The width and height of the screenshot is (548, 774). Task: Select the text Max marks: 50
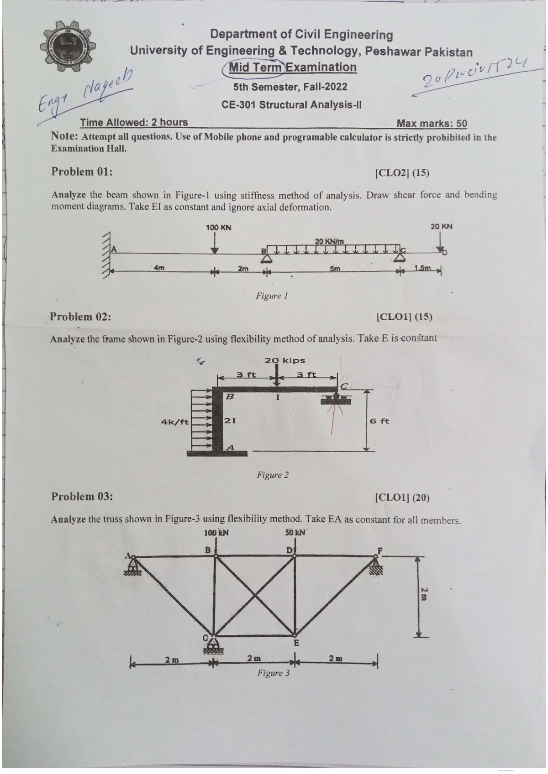[x=432, y=123]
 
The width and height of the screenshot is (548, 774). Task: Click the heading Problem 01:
[x=82, y=172]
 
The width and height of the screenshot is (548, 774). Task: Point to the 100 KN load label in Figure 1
[x=218, y=227]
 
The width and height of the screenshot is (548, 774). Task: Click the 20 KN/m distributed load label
[x=329, y=240]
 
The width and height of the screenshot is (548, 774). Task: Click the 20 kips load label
[x=285, y=360]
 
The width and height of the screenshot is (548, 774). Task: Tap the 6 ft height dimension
[x=379, y=421]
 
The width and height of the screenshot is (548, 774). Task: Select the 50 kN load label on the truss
[x=295, y=532]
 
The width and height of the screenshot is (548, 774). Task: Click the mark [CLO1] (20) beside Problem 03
[x=401, y=497]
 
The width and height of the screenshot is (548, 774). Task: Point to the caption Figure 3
[x=273, y=673]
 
